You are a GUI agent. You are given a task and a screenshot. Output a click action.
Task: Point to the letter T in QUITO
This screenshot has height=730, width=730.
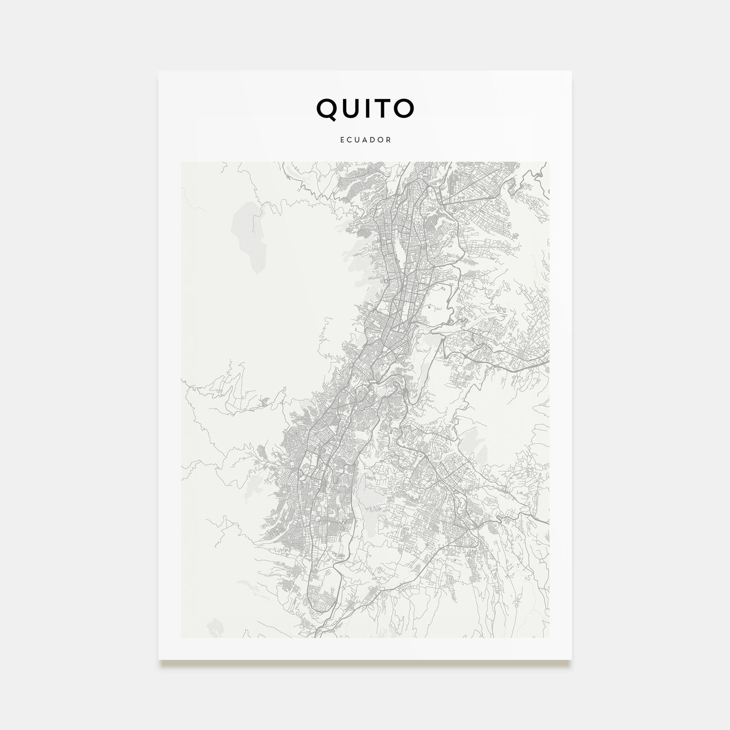coord(383,109)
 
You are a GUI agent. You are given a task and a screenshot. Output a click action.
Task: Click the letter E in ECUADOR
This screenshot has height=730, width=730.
coord(341,140)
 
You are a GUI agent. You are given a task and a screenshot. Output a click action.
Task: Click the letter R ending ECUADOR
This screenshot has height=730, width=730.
coord(389,140)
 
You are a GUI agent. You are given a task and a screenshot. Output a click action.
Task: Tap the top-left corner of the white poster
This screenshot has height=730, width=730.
coord(159,71)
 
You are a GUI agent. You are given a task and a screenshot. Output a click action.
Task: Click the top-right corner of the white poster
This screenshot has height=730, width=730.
coord(571,71)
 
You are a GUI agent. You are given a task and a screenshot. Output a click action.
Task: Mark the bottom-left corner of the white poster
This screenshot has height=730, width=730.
coord(159,659)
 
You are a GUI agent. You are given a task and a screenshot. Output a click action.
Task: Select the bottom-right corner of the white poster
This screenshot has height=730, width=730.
coord(571,659)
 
